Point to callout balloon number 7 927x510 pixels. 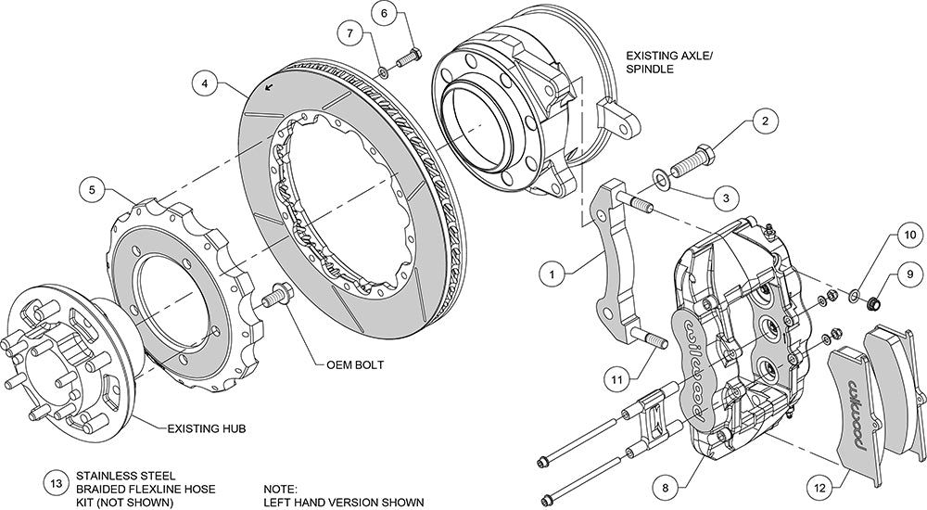point(349,34)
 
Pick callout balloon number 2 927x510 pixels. point(765,121)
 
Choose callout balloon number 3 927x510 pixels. point(727,197)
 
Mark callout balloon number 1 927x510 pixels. point(552,274)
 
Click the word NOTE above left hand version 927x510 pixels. point(281,487)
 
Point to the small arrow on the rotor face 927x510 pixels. point(268,87)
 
